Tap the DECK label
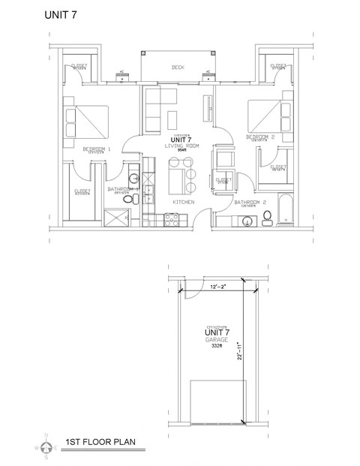coord(178,68)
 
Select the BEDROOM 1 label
coord(96,149)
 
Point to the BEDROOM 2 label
coord(262,137)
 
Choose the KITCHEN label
coord(184,203)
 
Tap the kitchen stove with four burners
coord(170,220)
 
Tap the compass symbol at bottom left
coord(46,447)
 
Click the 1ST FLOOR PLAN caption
coord(100,442)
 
